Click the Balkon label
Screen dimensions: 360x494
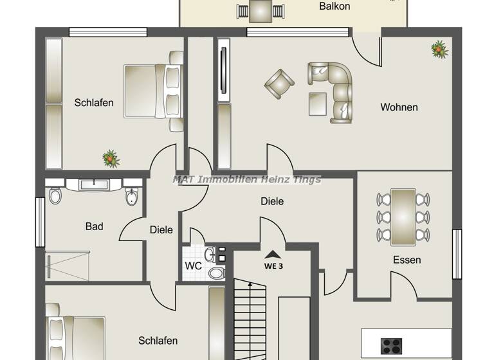pos(334,6)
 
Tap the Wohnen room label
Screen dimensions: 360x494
pos(399,107)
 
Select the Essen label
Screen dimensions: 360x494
pos(407,260)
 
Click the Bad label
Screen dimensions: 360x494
pos(95,226)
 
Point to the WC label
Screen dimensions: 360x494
pos(193,265)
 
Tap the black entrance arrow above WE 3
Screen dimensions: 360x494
pos(273,254)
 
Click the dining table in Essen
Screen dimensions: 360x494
pos(403,216)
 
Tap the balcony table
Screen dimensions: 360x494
pos(259,10)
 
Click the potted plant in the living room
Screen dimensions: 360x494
pos(439,48)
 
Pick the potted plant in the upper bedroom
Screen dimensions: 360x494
pos(111,157)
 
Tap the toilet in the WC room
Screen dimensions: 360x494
pos(217,273)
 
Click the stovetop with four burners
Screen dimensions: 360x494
pos(391,345)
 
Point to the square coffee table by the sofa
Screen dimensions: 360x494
pos(318,102)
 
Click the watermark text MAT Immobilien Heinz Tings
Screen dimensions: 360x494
pos(246,179)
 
